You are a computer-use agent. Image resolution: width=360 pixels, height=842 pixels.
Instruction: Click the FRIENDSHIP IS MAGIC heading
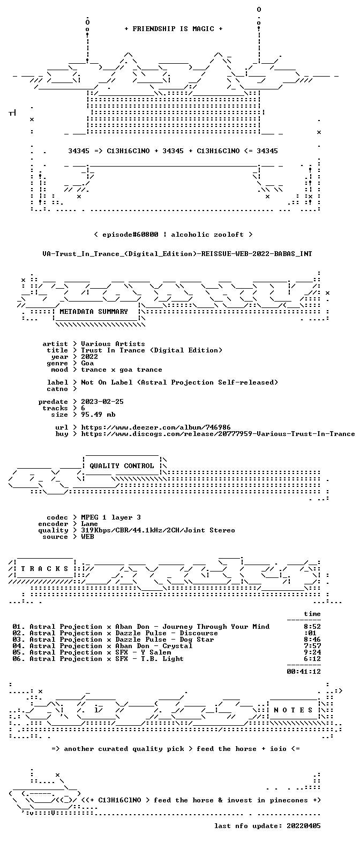pyautogui.click(x=173, y=29)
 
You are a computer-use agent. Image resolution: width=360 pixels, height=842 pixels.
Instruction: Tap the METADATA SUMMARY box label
pyautogui.click(x=94, y=312)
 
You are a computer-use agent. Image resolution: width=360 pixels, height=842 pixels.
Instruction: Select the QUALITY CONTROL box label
pyautogui.click(x=122, y=466)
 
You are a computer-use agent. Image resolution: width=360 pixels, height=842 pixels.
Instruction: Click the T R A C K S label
pyautogui.click(x=44, y=569)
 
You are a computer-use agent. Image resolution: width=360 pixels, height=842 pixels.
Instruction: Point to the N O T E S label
pyautogui.click(x=293, y=710)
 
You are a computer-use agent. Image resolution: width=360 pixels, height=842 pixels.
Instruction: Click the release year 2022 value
pyautogui.click(x=89, y=357)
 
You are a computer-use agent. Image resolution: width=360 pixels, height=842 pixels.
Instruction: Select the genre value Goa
pyautogui.click(x=87, y=363)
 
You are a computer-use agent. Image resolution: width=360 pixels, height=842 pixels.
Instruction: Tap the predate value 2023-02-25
pyautogui.click(x=102, y=402)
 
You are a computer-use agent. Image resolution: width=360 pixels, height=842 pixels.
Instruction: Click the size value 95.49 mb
pyautogui.click(x=98, y=415)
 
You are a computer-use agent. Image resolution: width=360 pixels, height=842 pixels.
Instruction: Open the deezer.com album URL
pyautogui.click(x=156, y=427)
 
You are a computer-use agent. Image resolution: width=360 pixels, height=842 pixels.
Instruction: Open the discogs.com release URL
pyautogui.click(x=218, y=434)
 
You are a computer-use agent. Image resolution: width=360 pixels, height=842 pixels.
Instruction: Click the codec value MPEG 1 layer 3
pyautogui.click(x=111, y=517)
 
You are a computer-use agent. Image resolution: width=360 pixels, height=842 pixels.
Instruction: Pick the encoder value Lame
pyautogui.click(x=89, y=524)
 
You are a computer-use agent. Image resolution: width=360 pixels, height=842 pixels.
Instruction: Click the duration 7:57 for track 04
pyautogui.click(x=312, y=646)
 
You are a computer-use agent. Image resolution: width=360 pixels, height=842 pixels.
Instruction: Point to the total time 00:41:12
pyautogui.click(x=304, y=671)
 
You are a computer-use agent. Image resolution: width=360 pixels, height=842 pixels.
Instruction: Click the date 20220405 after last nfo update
pyautogui.click(x=304, y=826)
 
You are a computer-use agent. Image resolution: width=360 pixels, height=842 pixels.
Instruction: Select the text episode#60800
pyautogui.click(x=130, y=235)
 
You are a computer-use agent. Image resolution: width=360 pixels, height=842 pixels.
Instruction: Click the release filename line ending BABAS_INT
pyautogui.click(x=177, y=254)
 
